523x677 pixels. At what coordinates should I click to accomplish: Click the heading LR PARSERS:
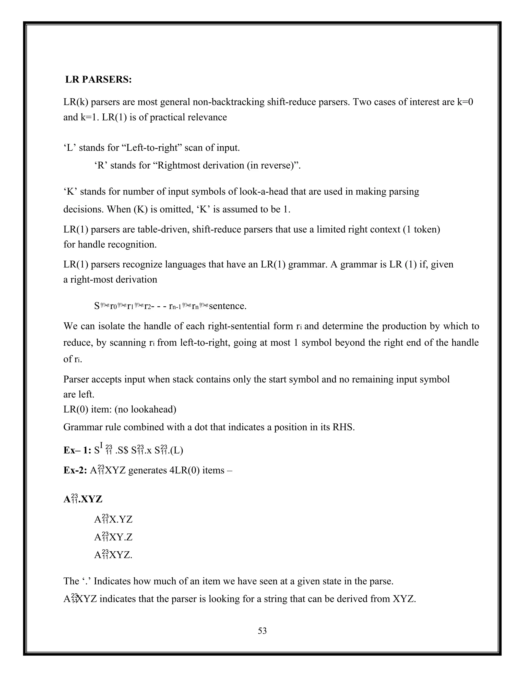click(99, 80)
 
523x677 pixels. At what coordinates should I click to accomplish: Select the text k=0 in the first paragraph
click(465, 102)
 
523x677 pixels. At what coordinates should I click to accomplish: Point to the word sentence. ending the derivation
click(228, 306)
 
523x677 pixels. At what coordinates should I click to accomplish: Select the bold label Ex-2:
click(76, 470)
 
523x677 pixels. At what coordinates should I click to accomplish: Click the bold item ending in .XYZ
click(83, 499)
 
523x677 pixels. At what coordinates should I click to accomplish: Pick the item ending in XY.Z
click(113, 537)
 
